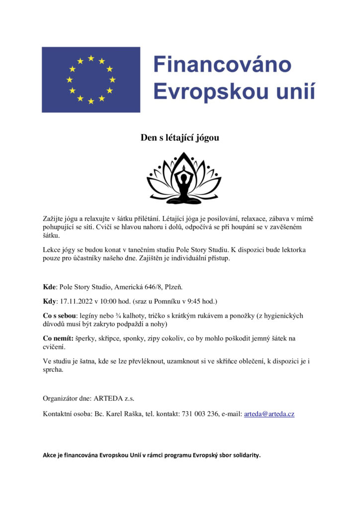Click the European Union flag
(91, 80)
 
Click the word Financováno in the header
(222, 65)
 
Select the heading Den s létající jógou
(180, 138)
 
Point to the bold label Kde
(49, 286)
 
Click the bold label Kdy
(50, 301)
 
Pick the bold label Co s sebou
(59, 316)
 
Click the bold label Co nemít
(58, 339)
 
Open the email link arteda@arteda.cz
(269, 414)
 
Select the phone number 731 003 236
(199, 414)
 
